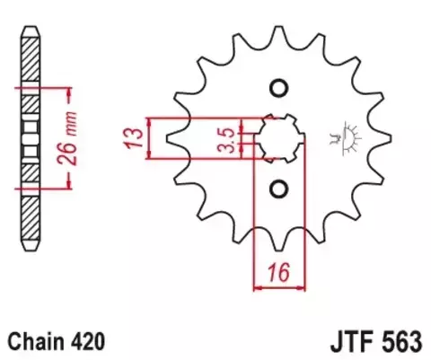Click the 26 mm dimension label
point(67,138)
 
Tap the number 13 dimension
point(134,138)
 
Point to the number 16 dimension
point(279,273)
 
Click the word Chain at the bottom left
point(36,341)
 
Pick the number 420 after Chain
point(88,341)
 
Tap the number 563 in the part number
point(400,342)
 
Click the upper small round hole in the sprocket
point(279,88)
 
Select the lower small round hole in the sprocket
point(279,189)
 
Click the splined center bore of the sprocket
point(280,138)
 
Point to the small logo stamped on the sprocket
point(345,138)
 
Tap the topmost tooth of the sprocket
point(279,34)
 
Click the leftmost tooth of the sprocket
point(174,138)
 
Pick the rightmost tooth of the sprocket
point(383,138)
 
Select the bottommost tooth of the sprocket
point(279,241)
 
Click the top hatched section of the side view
point(31,59)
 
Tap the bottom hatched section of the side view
point(31,217)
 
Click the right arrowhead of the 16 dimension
point(301,288)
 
